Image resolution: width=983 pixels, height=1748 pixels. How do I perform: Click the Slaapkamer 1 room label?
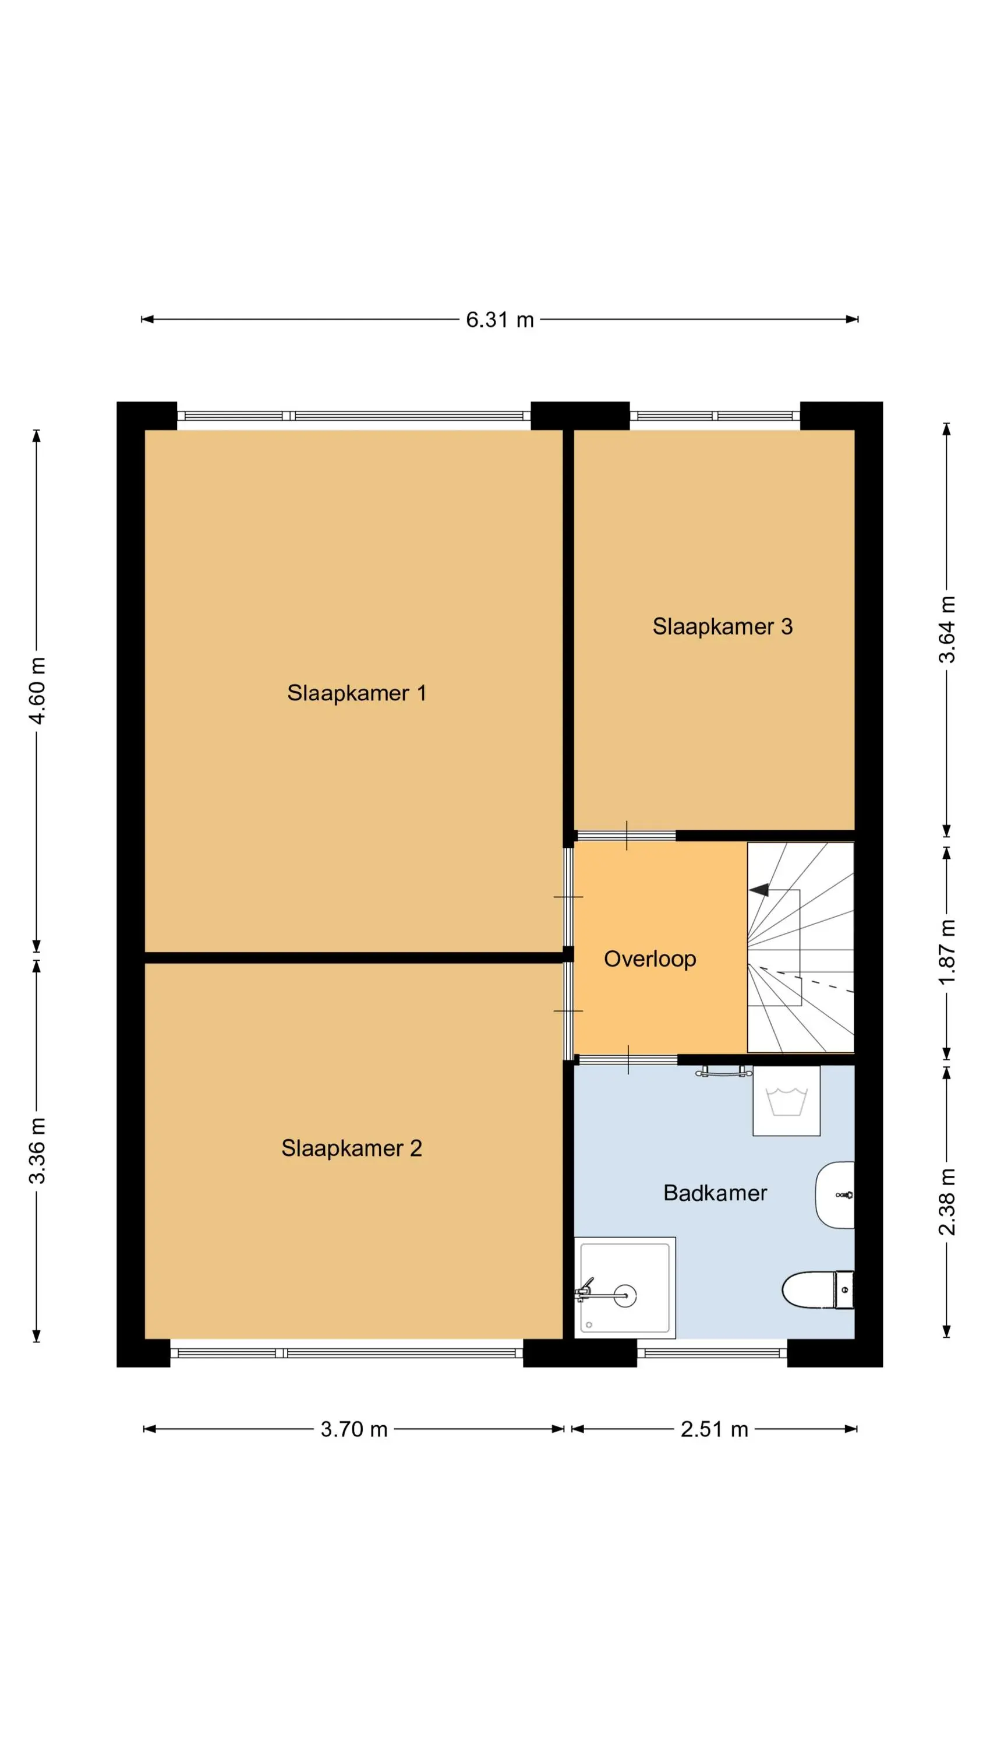(x=357, y=693)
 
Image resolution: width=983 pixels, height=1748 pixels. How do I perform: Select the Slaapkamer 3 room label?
(x=723, y=626)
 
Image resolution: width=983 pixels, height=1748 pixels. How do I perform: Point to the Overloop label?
(x=650, y=959)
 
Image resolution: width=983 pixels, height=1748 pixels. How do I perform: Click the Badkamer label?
(x=715, y=1193)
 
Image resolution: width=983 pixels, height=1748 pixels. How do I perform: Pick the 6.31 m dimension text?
(x=500, y=320)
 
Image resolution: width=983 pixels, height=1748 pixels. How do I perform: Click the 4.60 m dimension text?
(x=38, y=690)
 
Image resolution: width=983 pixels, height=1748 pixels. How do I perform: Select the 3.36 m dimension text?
(x=38, y=1150)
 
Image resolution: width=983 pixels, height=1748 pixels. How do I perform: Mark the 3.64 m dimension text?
(x=947, y=629)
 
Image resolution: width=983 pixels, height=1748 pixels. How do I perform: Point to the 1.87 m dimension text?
(x=947, y=952)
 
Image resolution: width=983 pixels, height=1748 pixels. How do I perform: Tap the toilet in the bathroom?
(x=818, y=1289)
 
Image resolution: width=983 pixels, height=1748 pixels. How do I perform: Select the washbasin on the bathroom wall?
(x=835, y=1194)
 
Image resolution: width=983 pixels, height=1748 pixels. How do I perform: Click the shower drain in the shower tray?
(x=625, y=1295)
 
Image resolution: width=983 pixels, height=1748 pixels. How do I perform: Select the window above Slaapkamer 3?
(x=715, y=416)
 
